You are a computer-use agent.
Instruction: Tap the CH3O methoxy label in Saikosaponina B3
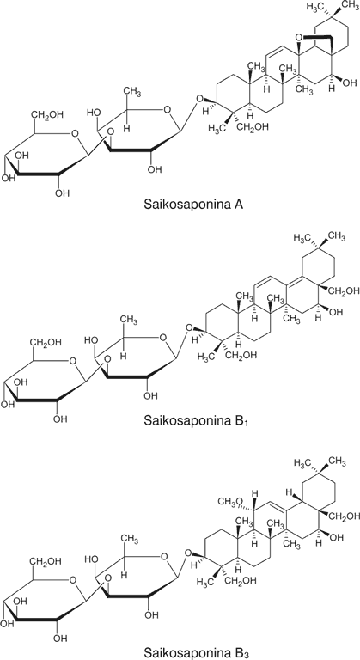tap(231, 501)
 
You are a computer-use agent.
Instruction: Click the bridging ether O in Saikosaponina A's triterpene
tap(298, 38)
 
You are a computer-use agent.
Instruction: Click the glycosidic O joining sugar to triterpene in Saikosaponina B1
tap(189, 328)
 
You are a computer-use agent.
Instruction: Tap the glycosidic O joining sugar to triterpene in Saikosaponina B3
tap(189, 553)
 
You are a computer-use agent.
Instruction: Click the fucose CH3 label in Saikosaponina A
tap(132, 92)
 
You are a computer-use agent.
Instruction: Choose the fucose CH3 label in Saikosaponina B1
tap(130, 321)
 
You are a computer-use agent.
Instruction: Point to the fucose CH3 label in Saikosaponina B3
tap(130, 539)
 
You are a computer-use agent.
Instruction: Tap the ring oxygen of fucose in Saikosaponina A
tap(168, 111)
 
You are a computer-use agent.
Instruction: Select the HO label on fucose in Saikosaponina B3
tap(91, 559)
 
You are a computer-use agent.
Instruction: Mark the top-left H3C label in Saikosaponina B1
tap(302, 237)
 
